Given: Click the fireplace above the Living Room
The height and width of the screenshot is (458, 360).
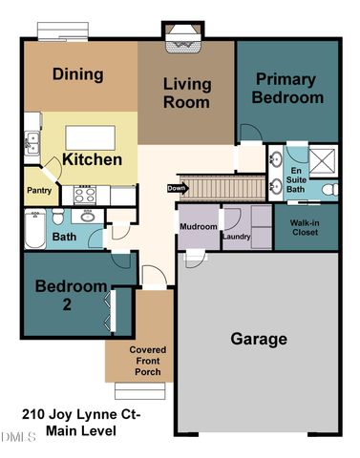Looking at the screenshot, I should coord(182,38).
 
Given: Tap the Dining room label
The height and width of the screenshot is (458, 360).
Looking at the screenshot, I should coord(78,73).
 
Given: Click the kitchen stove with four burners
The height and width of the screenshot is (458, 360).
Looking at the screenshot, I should coord(86,195).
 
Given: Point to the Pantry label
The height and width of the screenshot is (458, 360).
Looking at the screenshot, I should coord(38,191).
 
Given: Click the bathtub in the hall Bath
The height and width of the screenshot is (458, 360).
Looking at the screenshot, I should coord(29,228).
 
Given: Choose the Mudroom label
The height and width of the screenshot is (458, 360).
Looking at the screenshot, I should coord(198,226).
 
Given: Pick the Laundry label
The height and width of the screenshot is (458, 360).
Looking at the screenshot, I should coord(235,236).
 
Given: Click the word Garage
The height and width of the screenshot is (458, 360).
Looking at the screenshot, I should coord(258,339).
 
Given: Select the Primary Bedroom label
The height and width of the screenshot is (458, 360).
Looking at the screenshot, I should coord(288,88).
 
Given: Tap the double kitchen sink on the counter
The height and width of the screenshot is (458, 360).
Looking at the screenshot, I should coord(32,143).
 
